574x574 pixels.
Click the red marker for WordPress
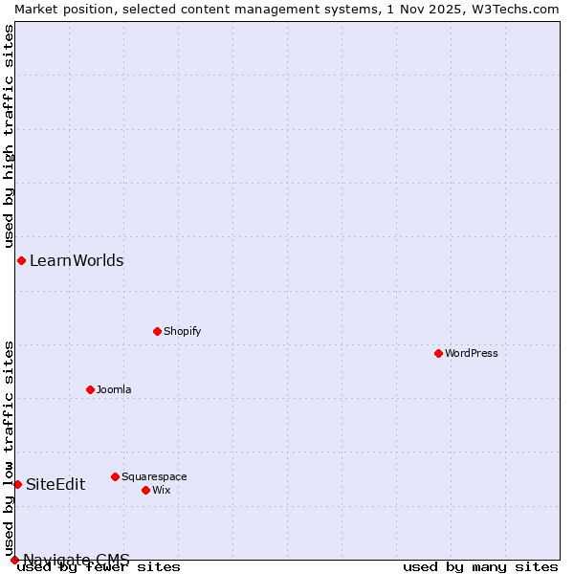tap(438, 353)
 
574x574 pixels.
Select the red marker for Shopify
tap(157, 331)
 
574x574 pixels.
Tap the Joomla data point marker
tap(90, 389)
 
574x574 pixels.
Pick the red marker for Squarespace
tap(115, 476)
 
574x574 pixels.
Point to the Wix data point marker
tap(145, 490)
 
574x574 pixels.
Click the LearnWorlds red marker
tap(21, 260)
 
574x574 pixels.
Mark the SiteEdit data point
tap(17, 484)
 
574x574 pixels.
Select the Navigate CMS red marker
tap(14, 560)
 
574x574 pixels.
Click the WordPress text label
tap(472, 353)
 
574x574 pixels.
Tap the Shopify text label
tap(182, 331)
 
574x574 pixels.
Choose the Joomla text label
tap(114, 389)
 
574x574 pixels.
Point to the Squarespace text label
tap(154, 476)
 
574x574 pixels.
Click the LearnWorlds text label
tap(77, 260)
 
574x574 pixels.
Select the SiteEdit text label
tap(55, 484)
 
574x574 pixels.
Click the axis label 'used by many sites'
tap(480, 567)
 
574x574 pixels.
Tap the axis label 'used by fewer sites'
tap(99, 567)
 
